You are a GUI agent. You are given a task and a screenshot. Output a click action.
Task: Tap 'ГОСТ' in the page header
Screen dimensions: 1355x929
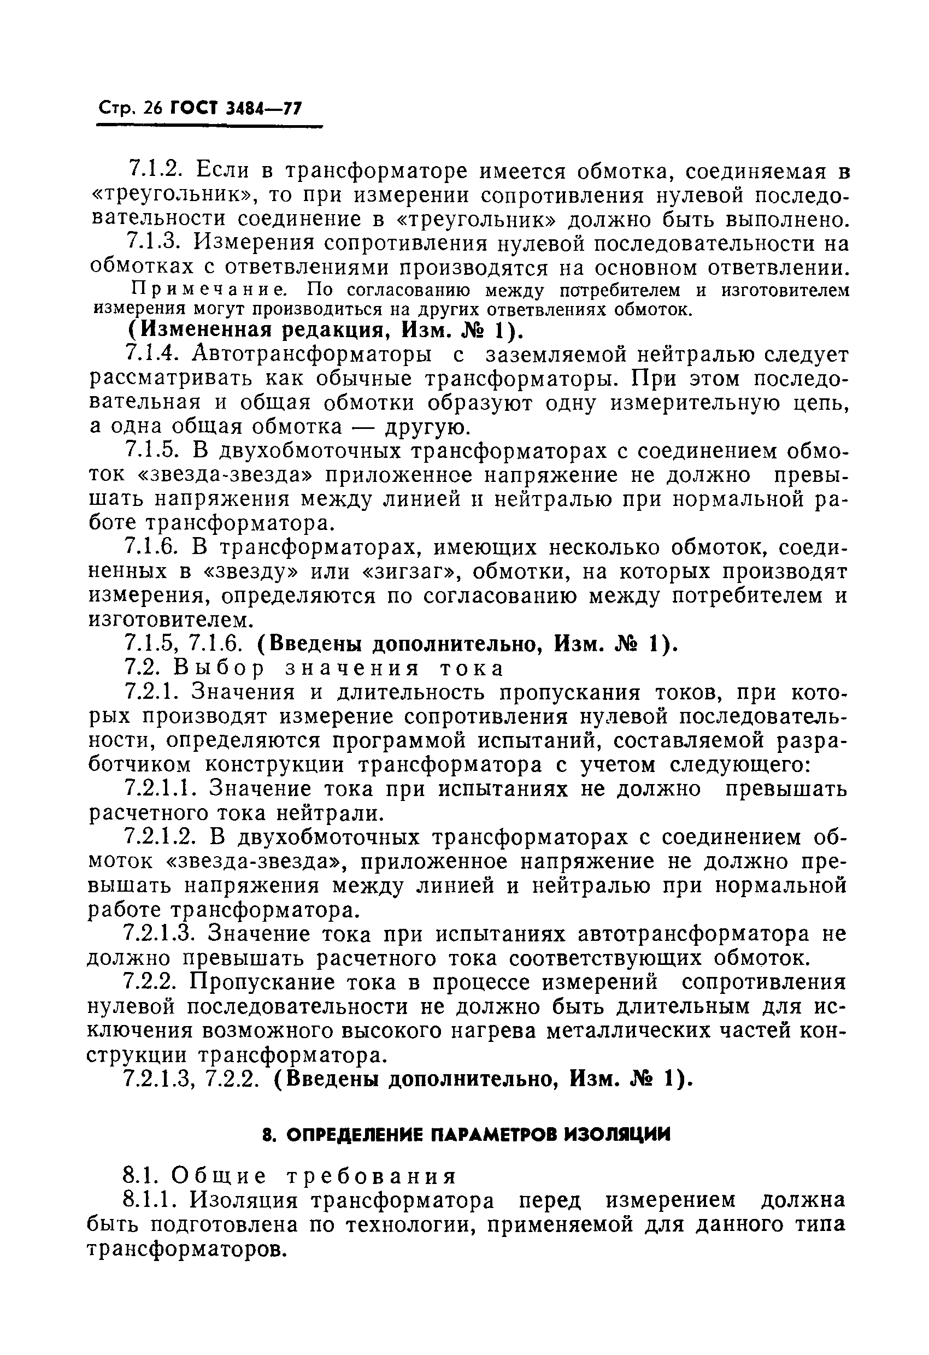[194, 109]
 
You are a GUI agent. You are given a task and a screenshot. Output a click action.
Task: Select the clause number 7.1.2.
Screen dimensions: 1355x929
[155, 170]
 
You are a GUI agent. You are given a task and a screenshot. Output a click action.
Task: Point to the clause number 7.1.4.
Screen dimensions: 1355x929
[154, 355]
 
